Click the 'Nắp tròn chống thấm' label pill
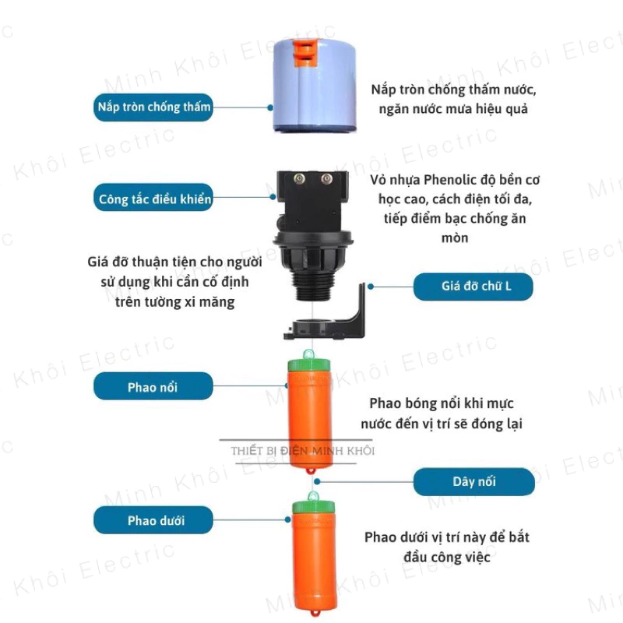(153, 107)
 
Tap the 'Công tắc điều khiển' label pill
(153, 198)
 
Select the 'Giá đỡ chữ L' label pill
(473, 287)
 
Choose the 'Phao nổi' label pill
(153, 385)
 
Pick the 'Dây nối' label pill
(474, 481)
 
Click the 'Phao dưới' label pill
(153, 519)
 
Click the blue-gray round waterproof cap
(314, 86)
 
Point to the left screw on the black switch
(299, 179)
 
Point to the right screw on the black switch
(326, 179)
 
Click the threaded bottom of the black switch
(312, 286)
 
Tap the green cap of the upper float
(308, 364)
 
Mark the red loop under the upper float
(310, 471)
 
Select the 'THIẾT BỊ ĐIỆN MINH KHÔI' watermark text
(303, 451)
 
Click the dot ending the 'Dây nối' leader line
(317, 481)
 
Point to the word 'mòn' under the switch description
(455, 238)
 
